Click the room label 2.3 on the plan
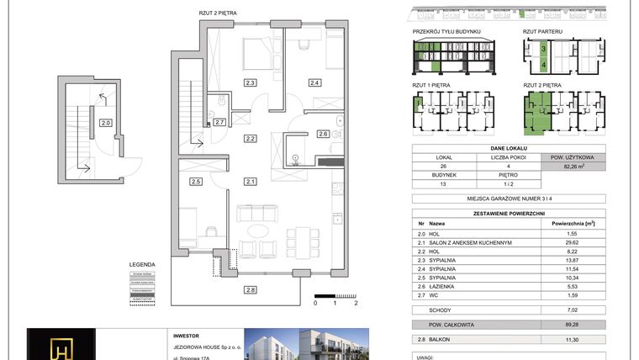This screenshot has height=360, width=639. (x=250, y=82)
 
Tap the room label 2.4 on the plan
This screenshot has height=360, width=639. (x=314, y=82)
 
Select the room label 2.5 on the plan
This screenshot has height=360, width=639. (x=195, y=182)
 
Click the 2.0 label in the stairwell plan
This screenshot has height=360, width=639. (x=105, y=123)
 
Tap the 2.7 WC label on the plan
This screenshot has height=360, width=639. (x=219, y=123)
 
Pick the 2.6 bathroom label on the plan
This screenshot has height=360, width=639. (x=323, y=134)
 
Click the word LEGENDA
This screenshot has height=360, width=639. (x=141, y=262)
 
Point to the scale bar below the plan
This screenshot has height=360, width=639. (x=336, y=295)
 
